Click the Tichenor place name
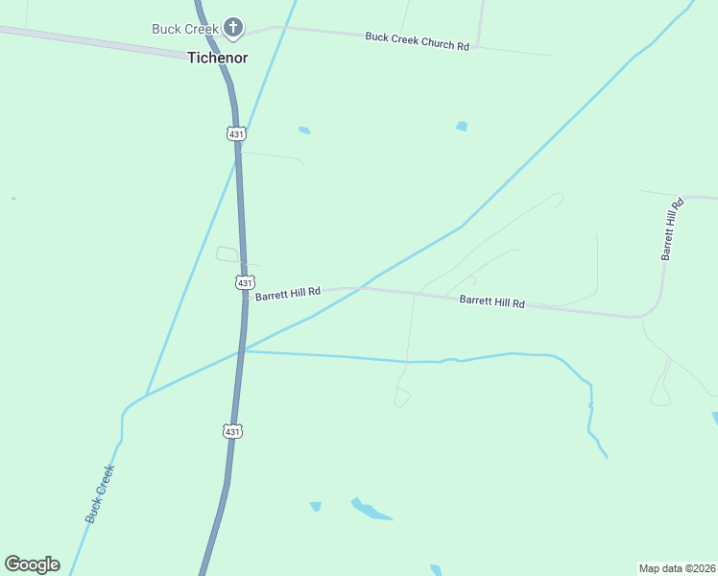[x=217, y=58]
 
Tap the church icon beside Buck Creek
[x=233, y=27]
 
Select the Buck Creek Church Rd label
[x=417, y=41]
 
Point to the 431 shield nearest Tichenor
[x=236, y=134]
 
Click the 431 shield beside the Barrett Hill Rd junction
[x=245, y=282]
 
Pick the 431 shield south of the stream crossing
[x=232, y=432]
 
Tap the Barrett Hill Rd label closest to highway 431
[x=288, y=292]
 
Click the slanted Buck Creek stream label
[x=100, y=493]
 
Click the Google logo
[x=32, y=564]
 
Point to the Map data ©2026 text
[x=677, y=568]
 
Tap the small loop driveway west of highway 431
[x=227, y=254]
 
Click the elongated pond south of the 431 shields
[x=371, y=510]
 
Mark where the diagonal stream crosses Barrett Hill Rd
[x=361, y=288]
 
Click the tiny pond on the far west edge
[x=13, y=199]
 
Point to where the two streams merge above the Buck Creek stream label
[x=145, y=396]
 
